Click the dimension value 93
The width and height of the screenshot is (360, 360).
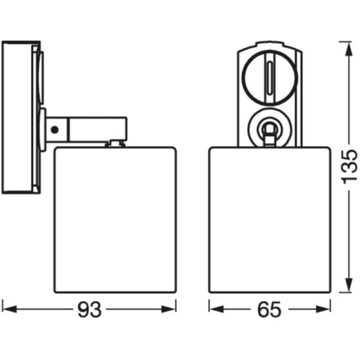click(89, 310)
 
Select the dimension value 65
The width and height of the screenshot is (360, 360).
click(269, 310)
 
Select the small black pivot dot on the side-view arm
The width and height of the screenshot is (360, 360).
click(55, 128)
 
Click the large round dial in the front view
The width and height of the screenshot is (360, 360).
click(269, 77)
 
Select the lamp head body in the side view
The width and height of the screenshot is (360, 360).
click(115, 219)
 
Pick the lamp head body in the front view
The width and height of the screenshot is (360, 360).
click(269, 219)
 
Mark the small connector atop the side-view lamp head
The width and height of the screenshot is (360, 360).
click(115, 143)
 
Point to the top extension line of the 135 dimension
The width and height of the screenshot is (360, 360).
click(344, 41)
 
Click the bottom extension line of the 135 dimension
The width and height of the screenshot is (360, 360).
click(344, 293)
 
